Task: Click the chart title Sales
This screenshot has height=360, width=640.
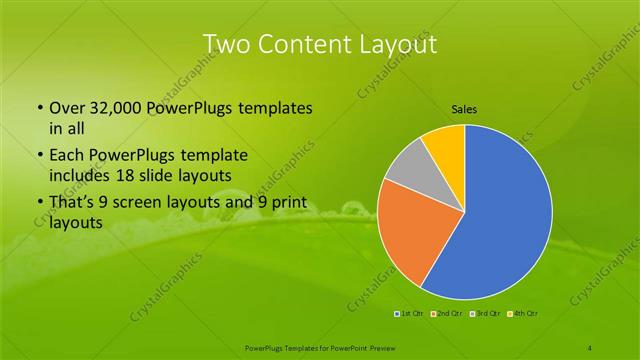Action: (464, 108)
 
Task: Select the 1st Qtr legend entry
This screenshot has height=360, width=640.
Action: (410, 314)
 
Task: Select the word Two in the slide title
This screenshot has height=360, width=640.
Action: (225, 44)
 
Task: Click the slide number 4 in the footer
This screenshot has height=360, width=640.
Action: (591, 346)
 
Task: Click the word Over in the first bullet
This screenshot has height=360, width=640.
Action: (65, 108)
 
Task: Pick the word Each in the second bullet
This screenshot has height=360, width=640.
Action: (65, 156)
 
